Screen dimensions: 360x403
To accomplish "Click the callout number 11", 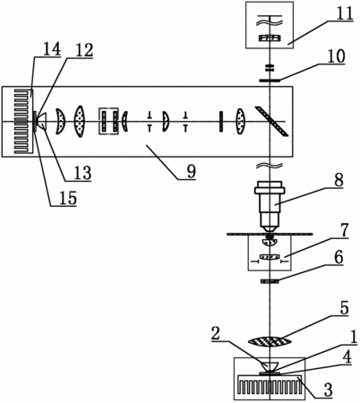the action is pos(344,13).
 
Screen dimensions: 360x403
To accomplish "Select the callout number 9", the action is pos(191,171).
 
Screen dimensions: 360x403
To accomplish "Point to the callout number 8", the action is pos(338,180).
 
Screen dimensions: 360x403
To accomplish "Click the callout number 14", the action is pos(52,48).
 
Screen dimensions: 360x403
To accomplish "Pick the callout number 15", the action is pos(68,198).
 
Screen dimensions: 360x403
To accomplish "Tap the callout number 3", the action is pos(328,390).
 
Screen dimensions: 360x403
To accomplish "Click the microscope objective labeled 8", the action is pos(270,207).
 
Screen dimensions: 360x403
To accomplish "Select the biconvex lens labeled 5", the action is pos(270,341).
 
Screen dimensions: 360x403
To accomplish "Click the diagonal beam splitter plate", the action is pos(271,121).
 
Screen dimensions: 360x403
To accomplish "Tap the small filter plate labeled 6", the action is pos(270,281).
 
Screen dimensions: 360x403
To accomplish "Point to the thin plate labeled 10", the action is pos(270,80).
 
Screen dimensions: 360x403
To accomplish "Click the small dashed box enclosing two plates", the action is pos(108,121).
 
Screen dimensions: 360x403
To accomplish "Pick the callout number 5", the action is pos(344,308).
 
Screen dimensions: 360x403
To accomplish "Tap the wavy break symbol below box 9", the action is pos(270,165).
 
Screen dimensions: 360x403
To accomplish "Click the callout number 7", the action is pos(344,230).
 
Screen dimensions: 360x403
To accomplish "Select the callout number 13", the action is pos(82,173).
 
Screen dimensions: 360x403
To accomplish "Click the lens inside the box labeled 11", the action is pos(270,38).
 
